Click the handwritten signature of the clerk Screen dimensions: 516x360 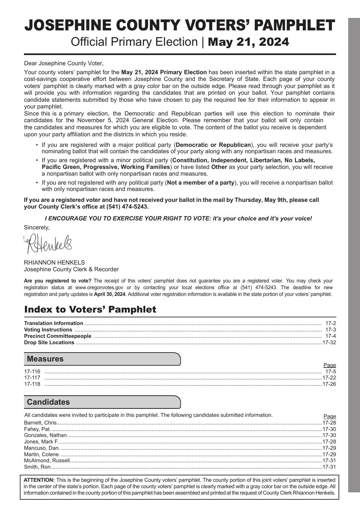point(48,244)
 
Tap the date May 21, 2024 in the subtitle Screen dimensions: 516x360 point(248,42)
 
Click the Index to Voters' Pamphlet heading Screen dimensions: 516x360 point(90,309)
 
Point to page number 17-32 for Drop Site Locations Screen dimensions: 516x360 point(329,343)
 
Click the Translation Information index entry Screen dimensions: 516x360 point(53,323)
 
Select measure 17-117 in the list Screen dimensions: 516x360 point(32,378)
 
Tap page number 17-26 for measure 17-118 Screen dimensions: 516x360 point(329,384)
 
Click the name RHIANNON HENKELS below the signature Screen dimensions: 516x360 point(54,263)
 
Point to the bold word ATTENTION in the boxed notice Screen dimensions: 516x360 point(39,480)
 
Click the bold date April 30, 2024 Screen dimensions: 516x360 point(109,294)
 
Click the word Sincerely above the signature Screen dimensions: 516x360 point(36,227)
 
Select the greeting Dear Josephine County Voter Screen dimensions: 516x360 point(64,63)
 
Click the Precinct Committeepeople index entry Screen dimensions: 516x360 point(58,336)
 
